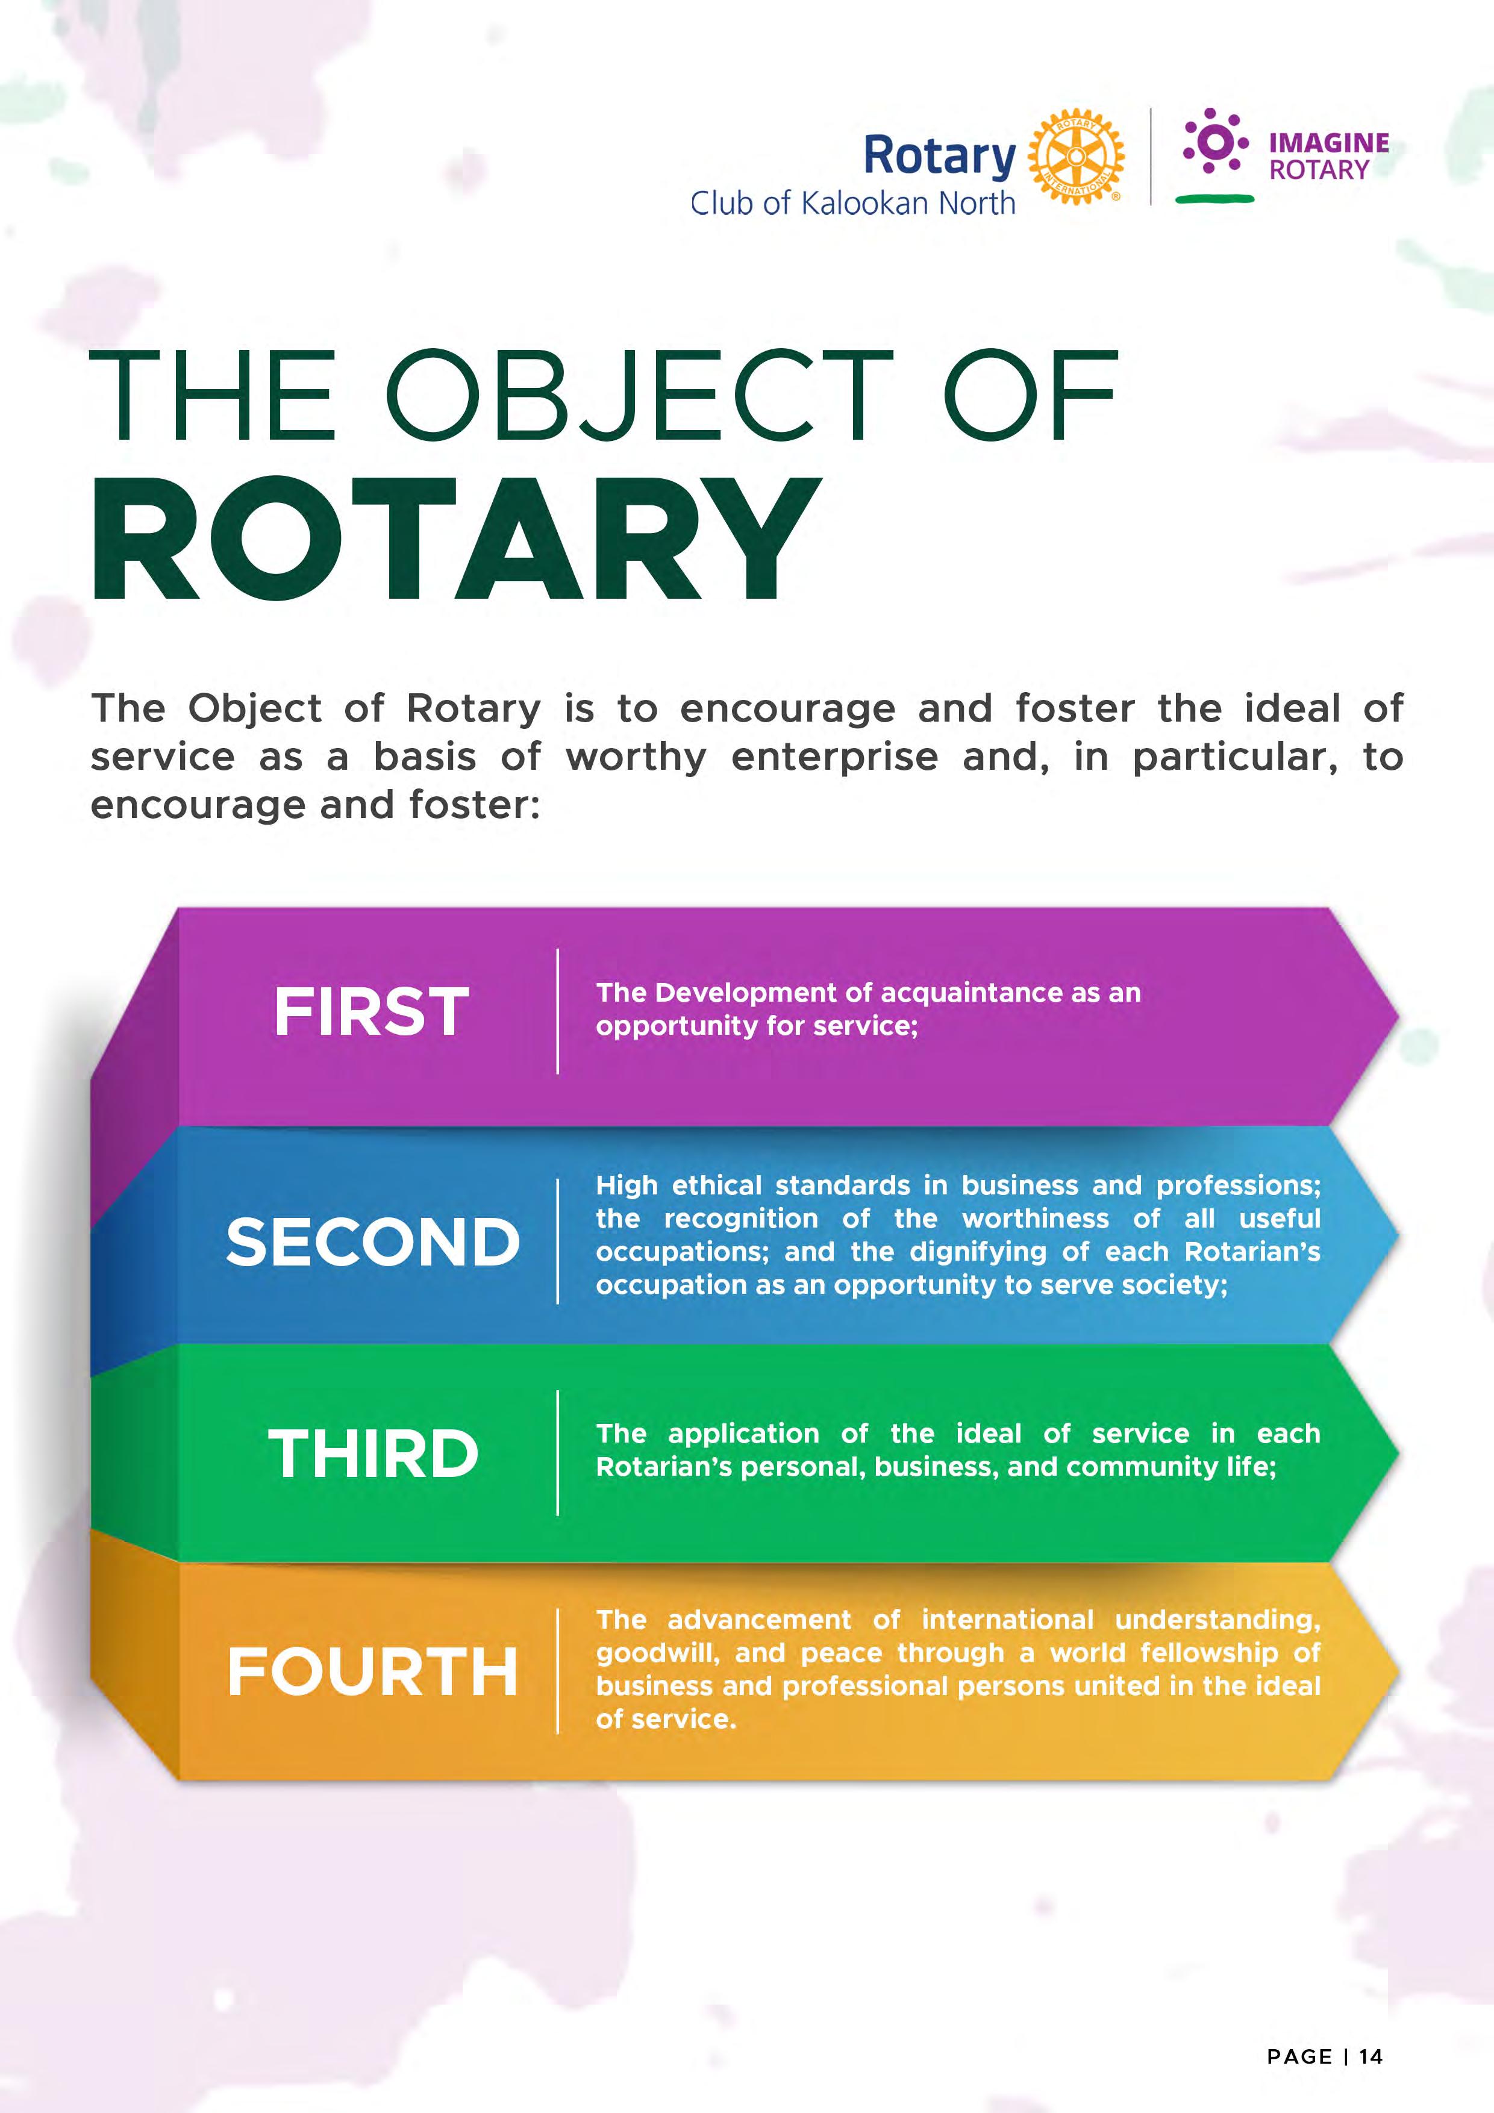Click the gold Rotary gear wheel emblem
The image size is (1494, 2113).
(1075, 157)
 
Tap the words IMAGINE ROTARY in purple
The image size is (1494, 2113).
(1328, 157)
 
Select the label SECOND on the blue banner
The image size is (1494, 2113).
(373, 1241)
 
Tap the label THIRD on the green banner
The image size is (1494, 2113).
(373, 1454)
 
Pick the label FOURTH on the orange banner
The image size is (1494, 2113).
(373, 1672)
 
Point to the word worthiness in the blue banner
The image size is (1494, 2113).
(1036, 1219)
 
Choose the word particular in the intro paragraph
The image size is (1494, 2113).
(1234, 757)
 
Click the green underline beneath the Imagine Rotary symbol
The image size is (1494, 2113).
(1214, 198)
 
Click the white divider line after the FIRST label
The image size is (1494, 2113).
(558, 1011)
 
